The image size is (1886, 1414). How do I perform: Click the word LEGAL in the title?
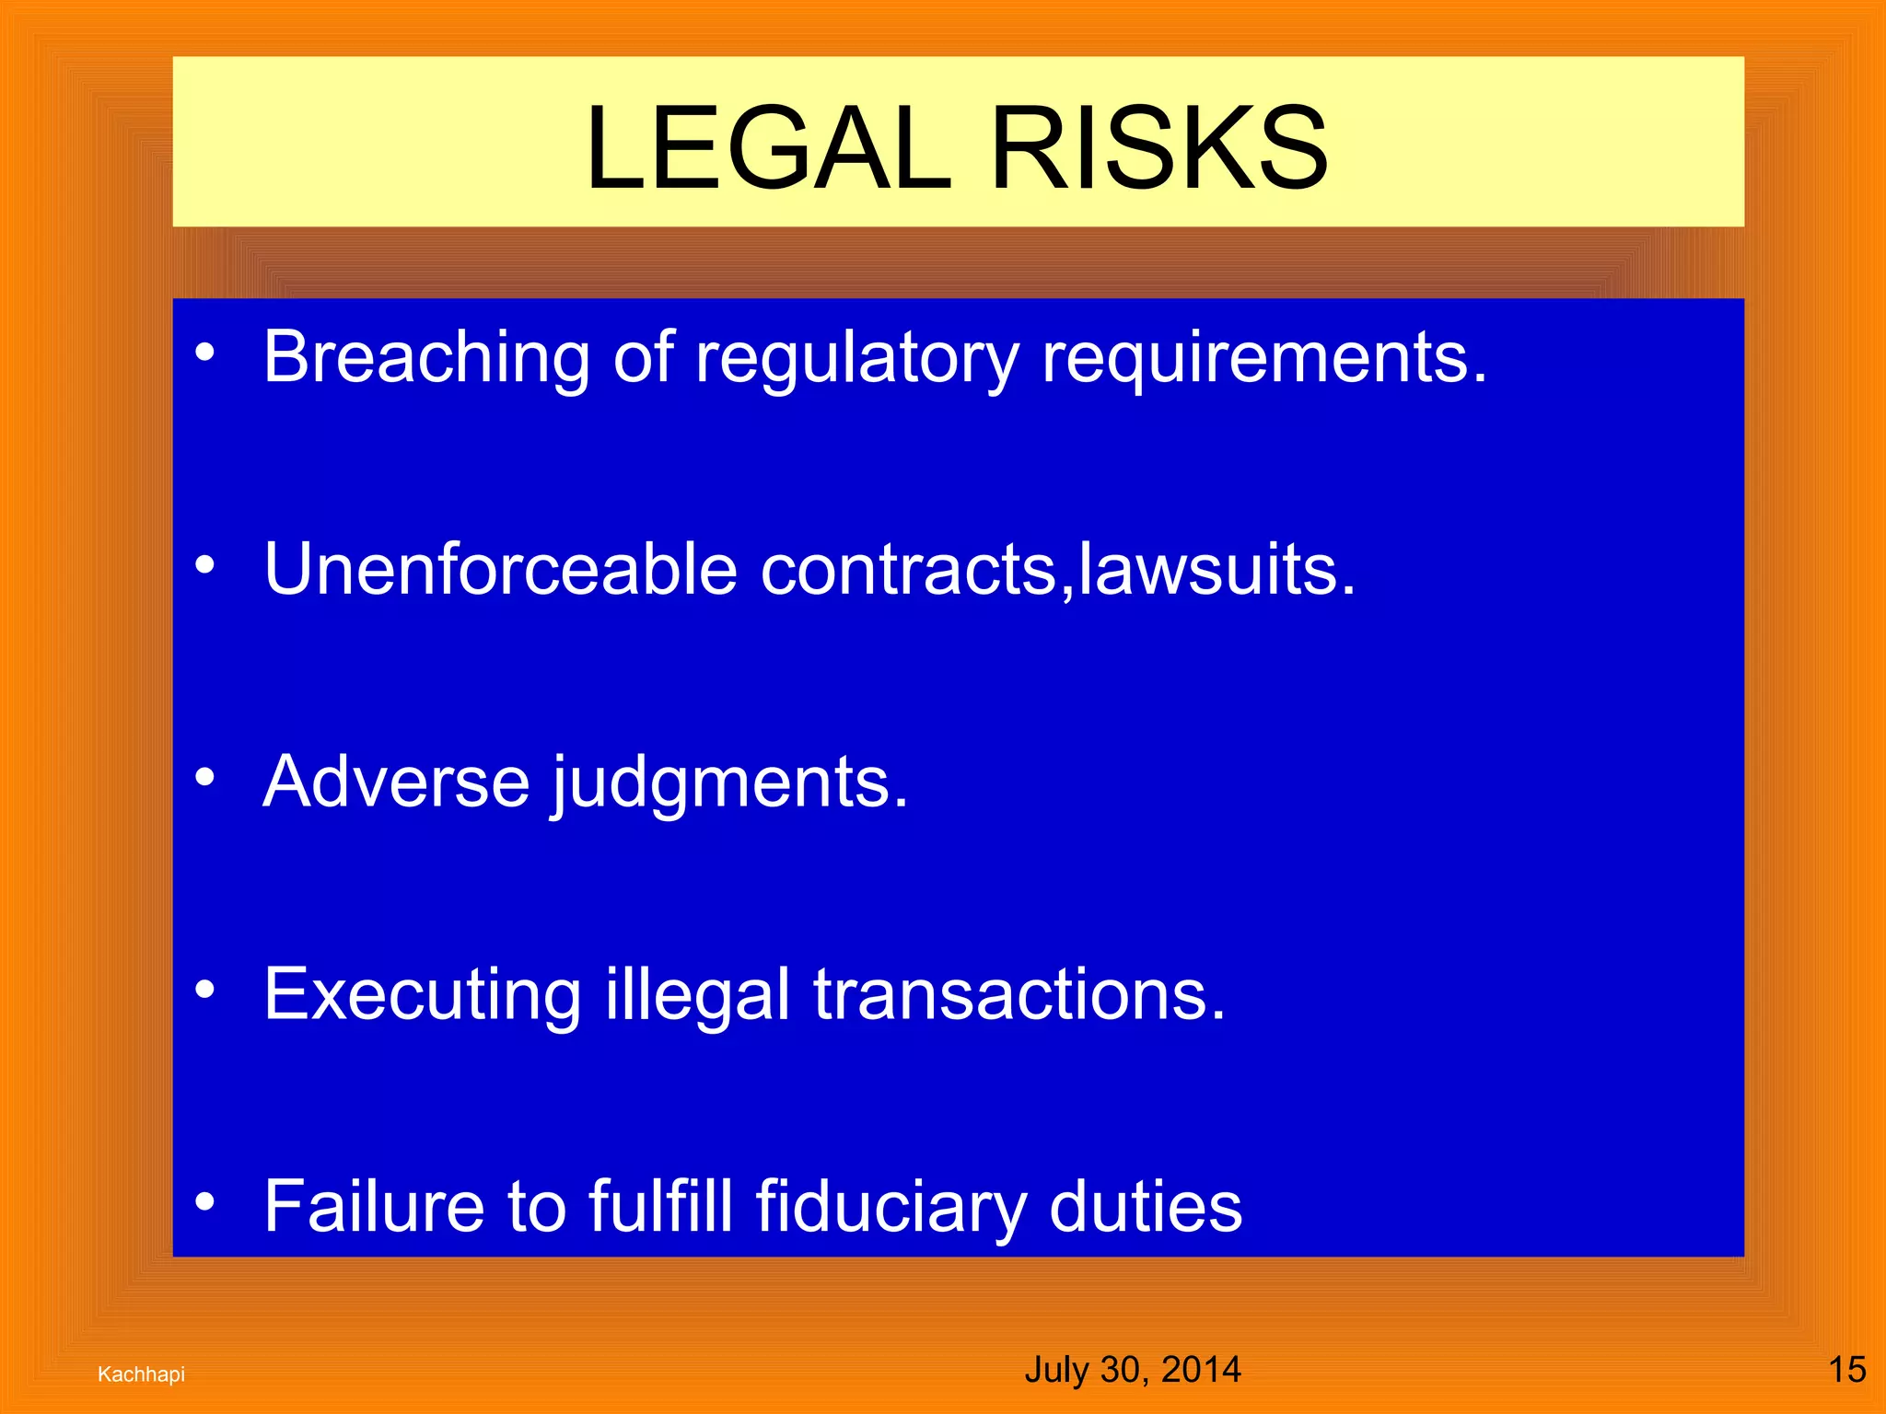(x=767, y=149)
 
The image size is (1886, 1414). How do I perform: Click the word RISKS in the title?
(x=1158, y=149)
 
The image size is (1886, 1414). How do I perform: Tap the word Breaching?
(x=426, y=357)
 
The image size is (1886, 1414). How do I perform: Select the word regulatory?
(x=857, y=357)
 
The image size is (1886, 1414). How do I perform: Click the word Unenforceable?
(x=500, y=569)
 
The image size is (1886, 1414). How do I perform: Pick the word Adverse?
(x=396, y=782)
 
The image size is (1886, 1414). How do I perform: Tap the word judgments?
(x=729, y=782)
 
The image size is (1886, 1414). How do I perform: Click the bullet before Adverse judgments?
(x=205, y=778)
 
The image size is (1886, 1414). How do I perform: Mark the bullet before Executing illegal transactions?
(x=205, y=991)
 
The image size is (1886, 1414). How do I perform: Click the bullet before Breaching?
(x=205, y=353)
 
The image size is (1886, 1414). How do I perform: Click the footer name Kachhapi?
(x=141, y=1374)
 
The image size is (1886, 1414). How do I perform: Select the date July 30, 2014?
(x=1132, y=1370)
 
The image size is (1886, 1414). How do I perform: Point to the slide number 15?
(x=1846, y=1370)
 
